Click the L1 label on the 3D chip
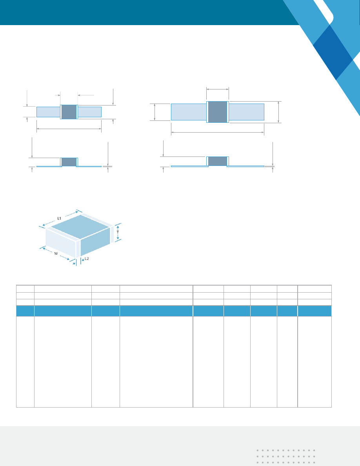[59, 218]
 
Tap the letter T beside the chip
[118, 232]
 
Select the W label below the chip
[56, 253]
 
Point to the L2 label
[87, 258]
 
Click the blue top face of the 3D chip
[80, 227]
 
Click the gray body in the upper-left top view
[69, 112]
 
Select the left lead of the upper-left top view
[48, 112]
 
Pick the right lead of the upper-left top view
[89, 112]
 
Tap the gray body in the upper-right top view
[217, 112]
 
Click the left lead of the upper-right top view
[189, 112]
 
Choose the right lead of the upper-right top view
[246, 112]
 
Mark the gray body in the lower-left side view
[69, 162]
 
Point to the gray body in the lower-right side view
[217, 161]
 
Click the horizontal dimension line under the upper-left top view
[69, 129]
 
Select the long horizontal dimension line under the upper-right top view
[217, 133]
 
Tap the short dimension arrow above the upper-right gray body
[217, 89]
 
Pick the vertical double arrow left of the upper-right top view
[155, 112]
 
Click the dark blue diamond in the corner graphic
[333, 53]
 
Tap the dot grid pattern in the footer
[286, 456]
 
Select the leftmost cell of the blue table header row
[25, 311]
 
